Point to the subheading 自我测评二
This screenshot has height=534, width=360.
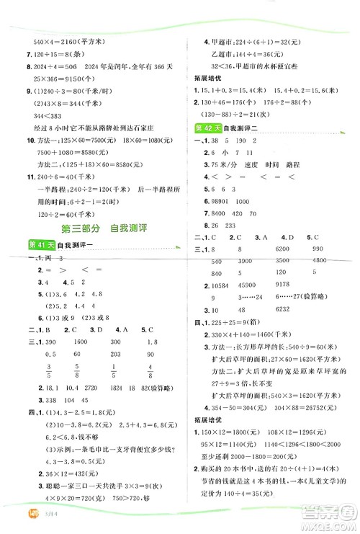point(245,128)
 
